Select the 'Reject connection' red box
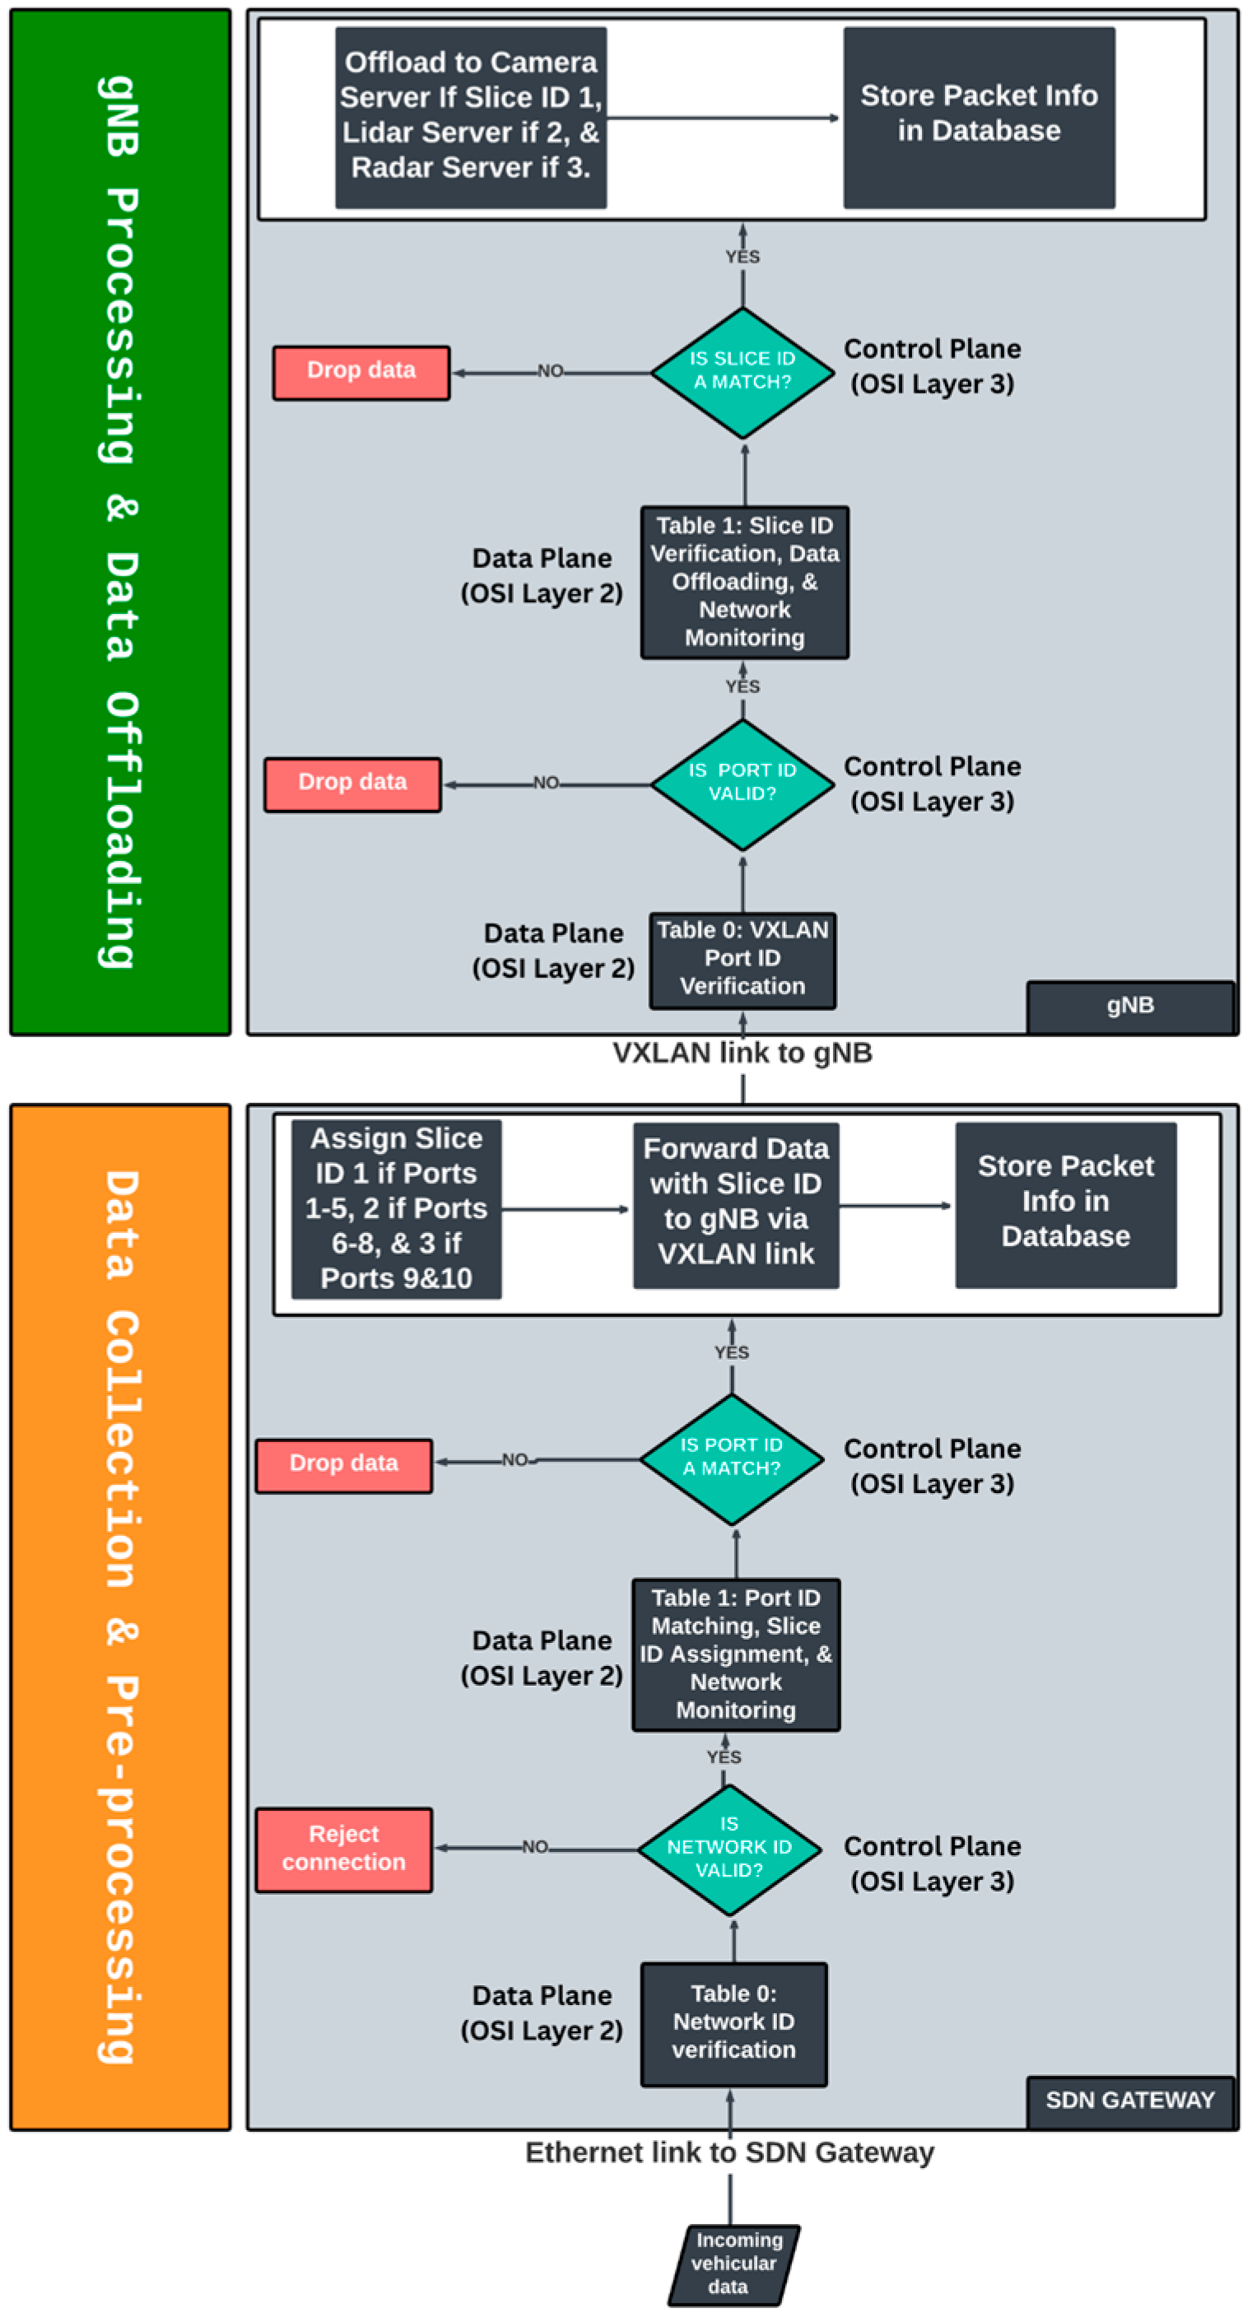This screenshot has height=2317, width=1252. (x=343, y=1849)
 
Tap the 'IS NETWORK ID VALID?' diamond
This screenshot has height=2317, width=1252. (x=729, y=1849)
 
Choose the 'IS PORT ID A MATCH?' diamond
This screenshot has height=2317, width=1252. (x=731, y=1458)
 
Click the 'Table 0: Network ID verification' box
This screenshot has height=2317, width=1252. (x=733, y=2023)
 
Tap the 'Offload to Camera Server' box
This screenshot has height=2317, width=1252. (x=470, y=117)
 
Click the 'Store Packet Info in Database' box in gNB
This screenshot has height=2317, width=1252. (x=979, y=117)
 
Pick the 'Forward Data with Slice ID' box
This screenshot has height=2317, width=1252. (x=736, y=1203)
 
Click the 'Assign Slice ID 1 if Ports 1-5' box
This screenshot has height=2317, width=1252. (x=396, y=1207)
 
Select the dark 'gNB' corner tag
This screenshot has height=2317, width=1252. (x=1129, y=1005)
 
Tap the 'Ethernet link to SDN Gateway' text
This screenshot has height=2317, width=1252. (x=729, y=2152)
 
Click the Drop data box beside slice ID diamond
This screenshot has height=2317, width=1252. (x=361, y=371)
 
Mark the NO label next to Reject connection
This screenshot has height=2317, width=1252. (x=534, y=1846)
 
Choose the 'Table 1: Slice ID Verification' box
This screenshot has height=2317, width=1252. (x=745, y=582)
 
